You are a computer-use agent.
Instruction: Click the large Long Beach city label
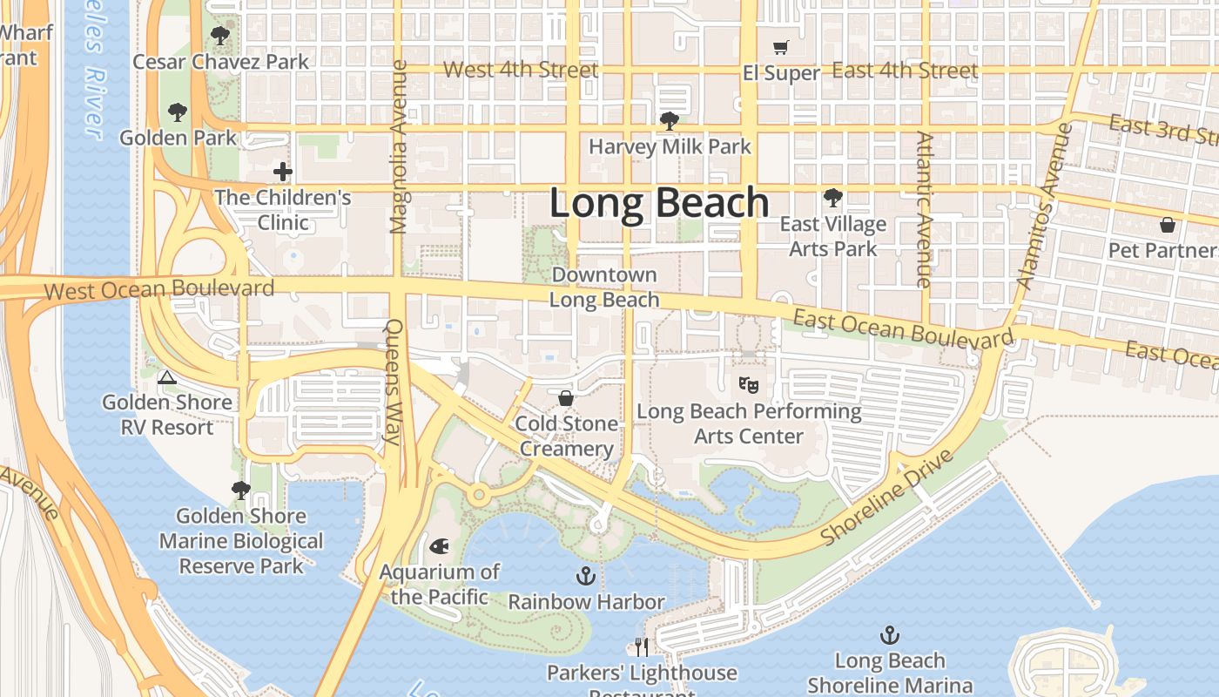click(659, 203)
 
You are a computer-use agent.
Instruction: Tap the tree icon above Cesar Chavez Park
click(220, 36)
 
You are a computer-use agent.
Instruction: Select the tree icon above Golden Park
click(178, 112)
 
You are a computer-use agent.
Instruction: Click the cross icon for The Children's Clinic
click(283, 172)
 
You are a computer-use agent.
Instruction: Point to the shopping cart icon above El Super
click(781, 47)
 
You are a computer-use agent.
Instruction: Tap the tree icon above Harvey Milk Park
click(669, 120)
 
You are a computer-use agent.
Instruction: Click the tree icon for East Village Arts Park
click(833, 198)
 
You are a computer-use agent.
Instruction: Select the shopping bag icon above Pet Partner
click(1168, 225)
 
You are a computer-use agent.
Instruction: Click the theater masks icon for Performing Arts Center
click(747, 383)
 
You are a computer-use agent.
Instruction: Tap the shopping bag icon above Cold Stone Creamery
click(566, 398)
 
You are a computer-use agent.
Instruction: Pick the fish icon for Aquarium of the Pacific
click(440, 546)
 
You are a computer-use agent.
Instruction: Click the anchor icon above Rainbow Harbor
click(586, 576)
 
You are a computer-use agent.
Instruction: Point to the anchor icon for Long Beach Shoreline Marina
click(889, 634)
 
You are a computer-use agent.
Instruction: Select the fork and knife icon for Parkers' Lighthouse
click(642, 646)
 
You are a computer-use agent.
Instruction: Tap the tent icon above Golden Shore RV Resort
click(167, 376)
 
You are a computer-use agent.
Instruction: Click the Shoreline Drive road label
click(887, 497)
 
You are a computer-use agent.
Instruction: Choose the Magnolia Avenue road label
click(399, 146)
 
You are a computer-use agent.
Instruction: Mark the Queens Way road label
click(394, 382)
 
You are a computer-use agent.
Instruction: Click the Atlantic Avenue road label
click(924, 209)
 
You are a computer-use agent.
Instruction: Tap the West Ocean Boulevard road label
click(158, 288)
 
